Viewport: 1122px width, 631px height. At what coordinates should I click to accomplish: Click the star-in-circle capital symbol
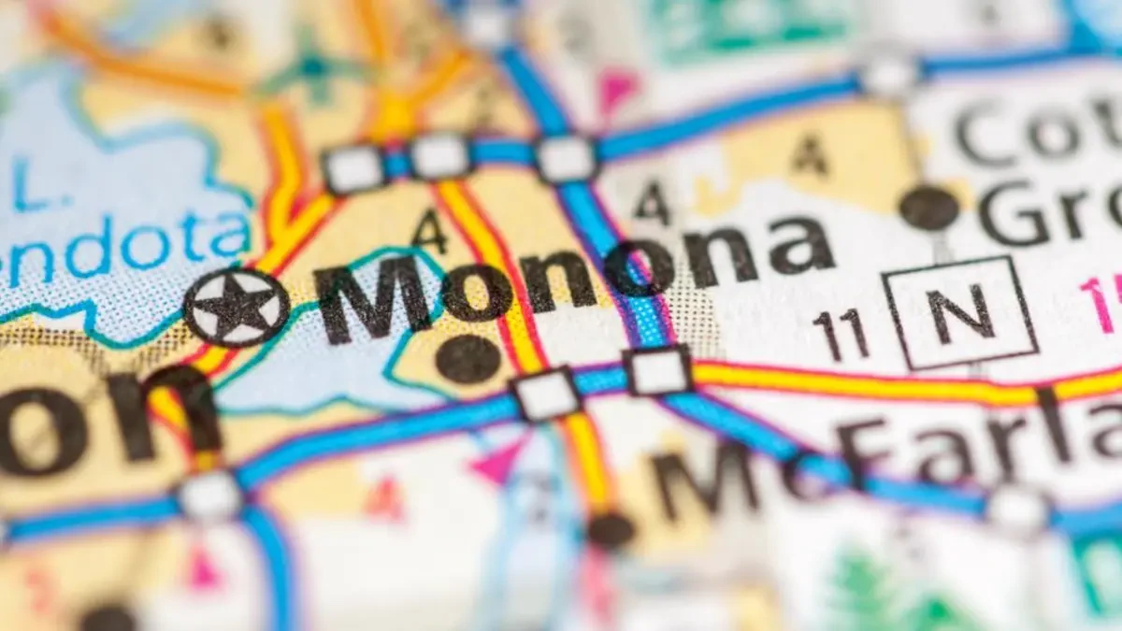(236, 308)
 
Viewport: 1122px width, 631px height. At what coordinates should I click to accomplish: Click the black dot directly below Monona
(467, 359)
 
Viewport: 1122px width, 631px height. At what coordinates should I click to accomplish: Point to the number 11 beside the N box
(841, 335)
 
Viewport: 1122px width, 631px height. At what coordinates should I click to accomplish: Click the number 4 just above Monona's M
(429, 230)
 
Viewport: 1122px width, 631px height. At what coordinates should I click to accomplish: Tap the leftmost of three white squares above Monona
(353, 169)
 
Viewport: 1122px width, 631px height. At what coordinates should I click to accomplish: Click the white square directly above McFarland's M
(658, 370)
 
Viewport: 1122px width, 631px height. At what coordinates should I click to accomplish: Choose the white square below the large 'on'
(210, 495)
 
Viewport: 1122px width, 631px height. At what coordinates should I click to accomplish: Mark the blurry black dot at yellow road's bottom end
(611, 530)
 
